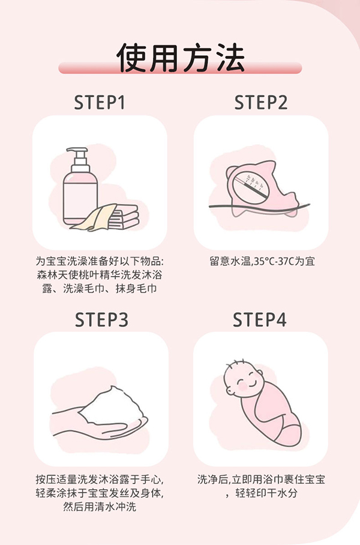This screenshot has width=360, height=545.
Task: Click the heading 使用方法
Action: [180, 58]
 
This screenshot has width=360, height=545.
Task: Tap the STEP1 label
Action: [100, 103]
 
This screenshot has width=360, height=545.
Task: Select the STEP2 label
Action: [261, 103]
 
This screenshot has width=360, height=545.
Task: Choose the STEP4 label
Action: [260, 320]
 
